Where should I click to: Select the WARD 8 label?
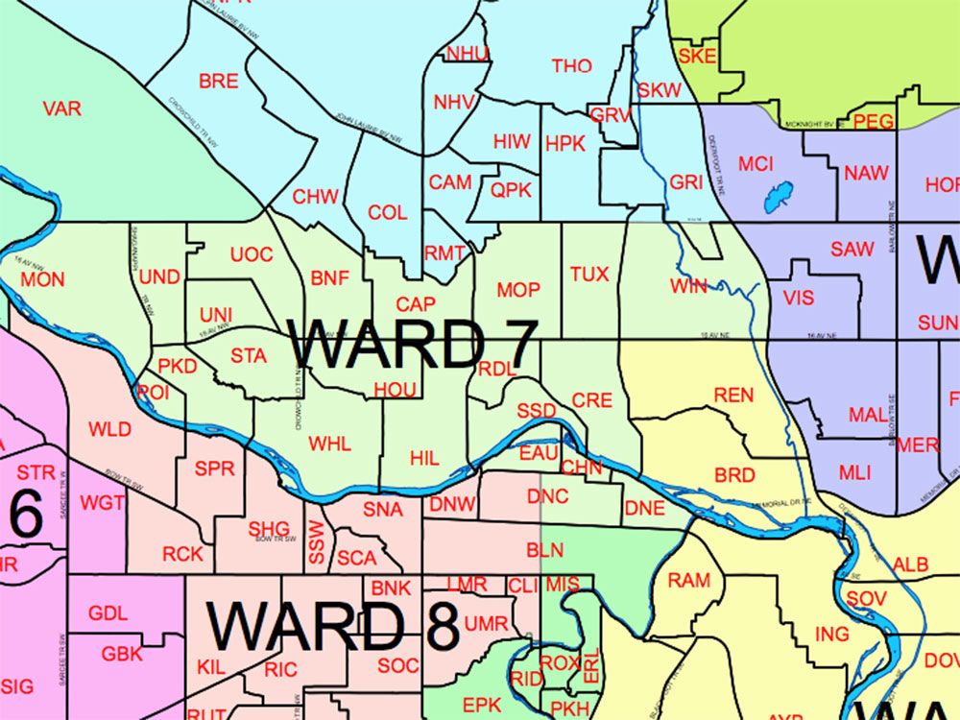coord(333,625)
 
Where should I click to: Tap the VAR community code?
coord(62,108)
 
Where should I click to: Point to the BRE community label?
coord(218,82)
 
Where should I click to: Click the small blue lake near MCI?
coord(776,197)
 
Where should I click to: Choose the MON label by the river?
coord(43,279)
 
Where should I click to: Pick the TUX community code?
coord(589,275)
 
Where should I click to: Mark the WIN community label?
coord(688,286)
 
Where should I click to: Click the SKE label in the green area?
coord(696,56)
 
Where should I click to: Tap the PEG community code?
coord(873,122)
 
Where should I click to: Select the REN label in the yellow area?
coord(733,396)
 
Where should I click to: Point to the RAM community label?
coord(688,580)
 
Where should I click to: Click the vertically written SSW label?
coord(316,541)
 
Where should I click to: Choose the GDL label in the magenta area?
coord(108,613)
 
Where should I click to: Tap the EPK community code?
coord(482,705)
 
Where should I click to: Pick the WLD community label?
coord(109,429)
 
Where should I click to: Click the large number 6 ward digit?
coord(26,516)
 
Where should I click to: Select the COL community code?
coord(388,213)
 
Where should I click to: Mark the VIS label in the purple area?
coord(798,298)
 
